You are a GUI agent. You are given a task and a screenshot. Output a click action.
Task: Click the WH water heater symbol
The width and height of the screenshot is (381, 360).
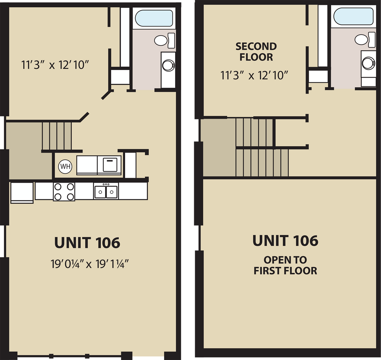[65, 166]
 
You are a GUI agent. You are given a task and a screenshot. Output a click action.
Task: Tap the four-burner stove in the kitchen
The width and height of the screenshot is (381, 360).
[64, 192]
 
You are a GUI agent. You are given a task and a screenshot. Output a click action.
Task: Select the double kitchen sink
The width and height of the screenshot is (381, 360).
[106, 192]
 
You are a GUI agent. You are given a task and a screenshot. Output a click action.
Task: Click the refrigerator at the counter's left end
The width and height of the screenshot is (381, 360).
[22, 192]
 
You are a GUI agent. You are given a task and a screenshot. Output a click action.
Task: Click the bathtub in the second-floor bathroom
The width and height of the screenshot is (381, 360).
[353, 16]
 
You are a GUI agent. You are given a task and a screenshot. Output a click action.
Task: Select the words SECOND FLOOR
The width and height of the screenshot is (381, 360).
[256, 52]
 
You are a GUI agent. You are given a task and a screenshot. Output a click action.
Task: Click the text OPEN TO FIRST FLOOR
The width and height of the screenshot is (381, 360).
[285, 265]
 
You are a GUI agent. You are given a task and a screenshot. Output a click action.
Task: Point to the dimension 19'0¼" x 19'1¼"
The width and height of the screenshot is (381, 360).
[90, 264]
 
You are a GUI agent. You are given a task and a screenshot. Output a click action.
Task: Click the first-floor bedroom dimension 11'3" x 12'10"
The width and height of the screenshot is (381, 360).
[55, 65]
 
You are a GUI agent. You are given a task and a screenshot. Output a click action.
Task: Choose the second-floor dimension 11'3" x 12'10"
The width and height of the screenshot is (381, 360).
[254, 75]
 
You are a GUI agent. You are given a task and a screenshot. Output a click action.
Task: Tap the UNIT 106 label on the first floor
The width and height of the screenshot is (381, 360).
[87, 243]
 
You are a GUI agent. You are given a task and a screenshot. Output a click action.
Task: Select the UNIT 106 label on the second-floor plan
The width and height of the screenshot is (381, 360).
[285, 241]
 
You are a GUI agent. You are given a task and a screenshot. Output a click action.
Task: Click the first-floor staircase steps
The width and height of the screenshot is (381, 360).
[57, 136]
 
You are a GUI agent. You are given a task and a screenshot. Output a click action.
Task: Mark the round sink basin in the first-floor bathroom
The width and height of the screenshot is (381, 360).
[168, 65]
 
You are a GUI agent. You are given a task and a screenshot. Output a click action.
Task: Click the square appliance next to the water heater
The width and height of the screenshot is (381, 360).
[110, 165]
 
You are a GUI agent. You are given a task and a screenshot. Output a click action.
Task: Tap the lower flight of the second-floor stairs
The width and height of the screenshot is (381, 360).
[262, 162]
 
